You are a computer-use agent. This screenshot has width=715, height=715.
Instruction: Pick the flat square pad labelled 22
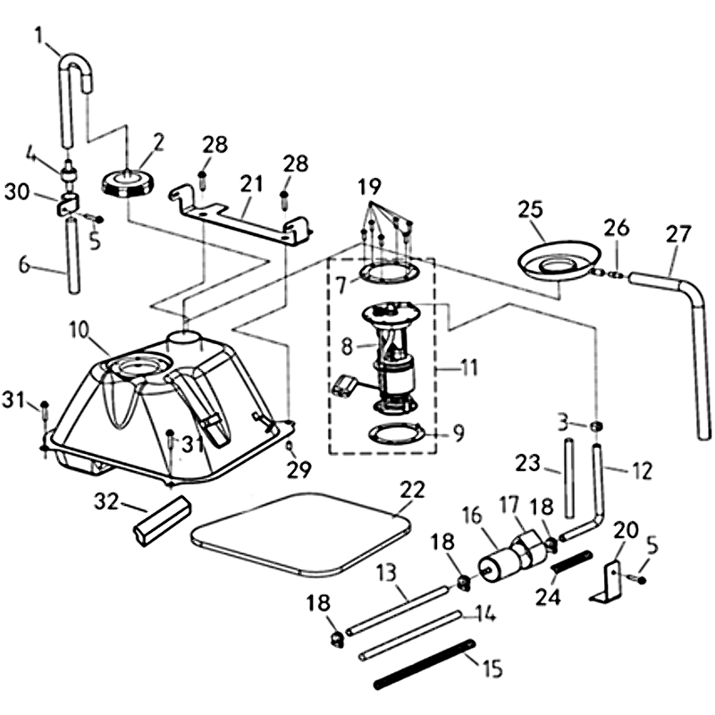[x=299, y=534]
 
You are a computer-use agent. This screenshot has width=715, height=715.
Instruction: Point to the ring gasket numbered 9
[x=393, y=435]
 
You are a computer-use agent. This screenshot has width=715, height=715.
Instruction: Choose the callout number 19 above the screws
[x=369, y=188]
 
